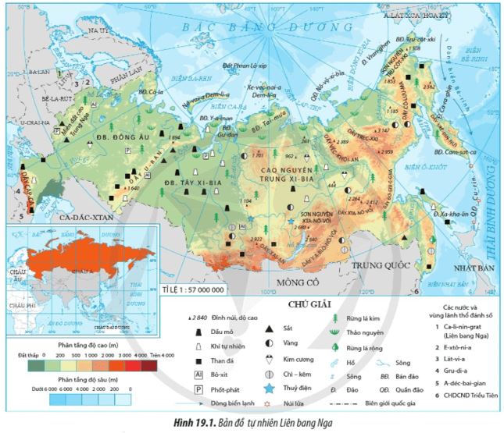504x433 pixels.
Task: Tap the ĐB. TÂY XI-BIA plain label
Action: (x=193, y=182)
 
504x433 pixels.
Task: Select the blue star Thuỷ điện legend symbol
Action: (x=270, y=387)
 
